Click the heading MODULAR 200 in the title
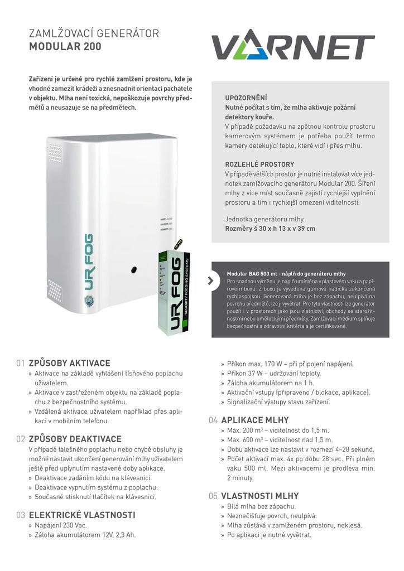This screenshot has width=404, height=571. coord(65,47)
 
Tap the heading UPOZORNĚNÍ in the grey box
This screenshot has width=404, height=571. coord(246,98)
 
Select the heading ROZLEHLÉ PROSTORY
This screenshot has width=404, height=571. coord(259,164)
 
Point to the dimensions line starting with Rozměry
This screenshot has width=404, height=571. coord(270,229)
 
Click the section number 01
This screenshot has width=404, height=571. coord(21,363)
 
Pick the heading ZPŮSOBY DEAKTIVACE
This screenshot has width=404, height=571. coord(75,439)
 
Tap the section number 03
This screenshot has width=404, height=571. coord(21,515)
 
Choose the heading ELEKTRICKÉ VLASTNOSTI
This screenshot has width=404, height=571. coord(82,515)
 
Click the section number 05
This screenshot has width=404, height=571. coord(213,496)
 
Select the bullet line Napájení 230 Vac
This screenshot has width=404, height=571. coord(61,525)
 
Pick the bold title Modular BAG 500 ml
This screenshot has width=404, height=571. coord(286,274)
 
